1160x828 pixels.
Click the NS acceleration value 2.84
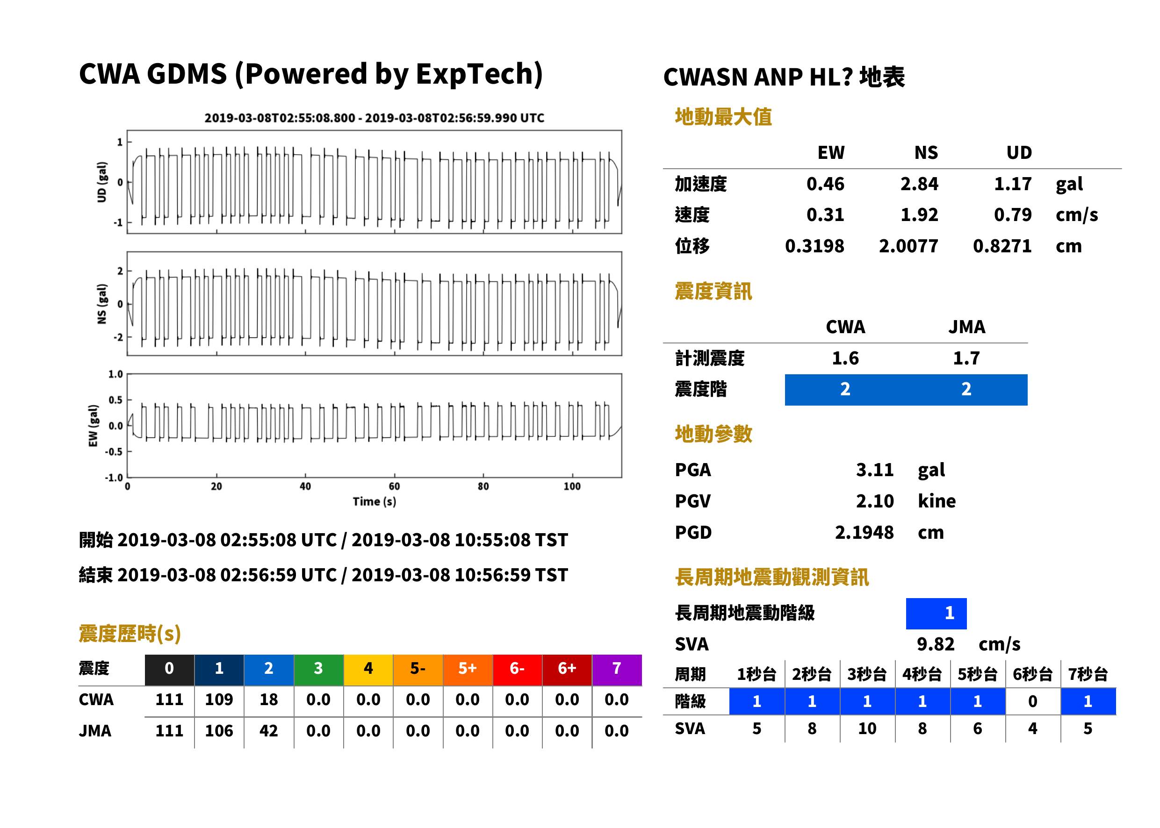pyautogui.click(x=919, y=184)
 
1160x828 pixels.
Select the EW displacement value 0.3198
pyautogui.click(x=814, y=246)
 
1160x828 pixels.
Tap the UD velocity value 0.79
pyautogui.click(x=1013, y=215)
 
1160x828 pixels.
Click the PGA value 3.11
pyautogui.click(x=874, y=470)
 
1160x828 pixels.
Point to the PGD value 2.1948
pyautogui.click(x=864, y=533)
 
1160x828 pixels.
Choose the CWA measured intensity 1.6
pyautogui.click(x=845, y=358)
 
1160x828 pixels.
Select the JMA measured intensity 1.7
pyautogui.click(x=966, y=358)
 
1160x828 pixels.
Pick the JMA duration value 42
pyautogui.click(x=269, y=731)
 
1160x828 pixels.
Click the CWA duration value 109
pyautogui.click(x=219, y=700)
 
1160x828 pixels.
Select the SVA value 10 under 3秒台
pyautogui.click(x=867, y=729)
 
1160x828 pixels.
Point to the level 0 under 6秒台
pyautogui.click(x=1032, y=701)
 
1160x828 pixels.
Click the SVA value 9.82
pyautogui.click(x=936, y=644)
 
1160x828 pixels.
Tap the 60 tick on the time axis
pyautogui.click(x=394, y=486)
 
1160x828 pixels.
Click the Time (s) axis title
pyautogui.click(x=374, y=502)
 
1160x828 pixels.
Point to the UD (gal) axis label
pyautogui.click(x=102, y=182)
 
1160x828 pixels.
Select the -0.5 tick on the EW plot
pyautogui.click(x=114, y=452)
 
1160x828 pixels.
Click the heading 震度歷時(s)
pyautogui.click(x=130, y=634)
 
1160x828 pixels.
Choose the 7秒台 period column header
pyautogui.click(x=1088, y=675)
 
